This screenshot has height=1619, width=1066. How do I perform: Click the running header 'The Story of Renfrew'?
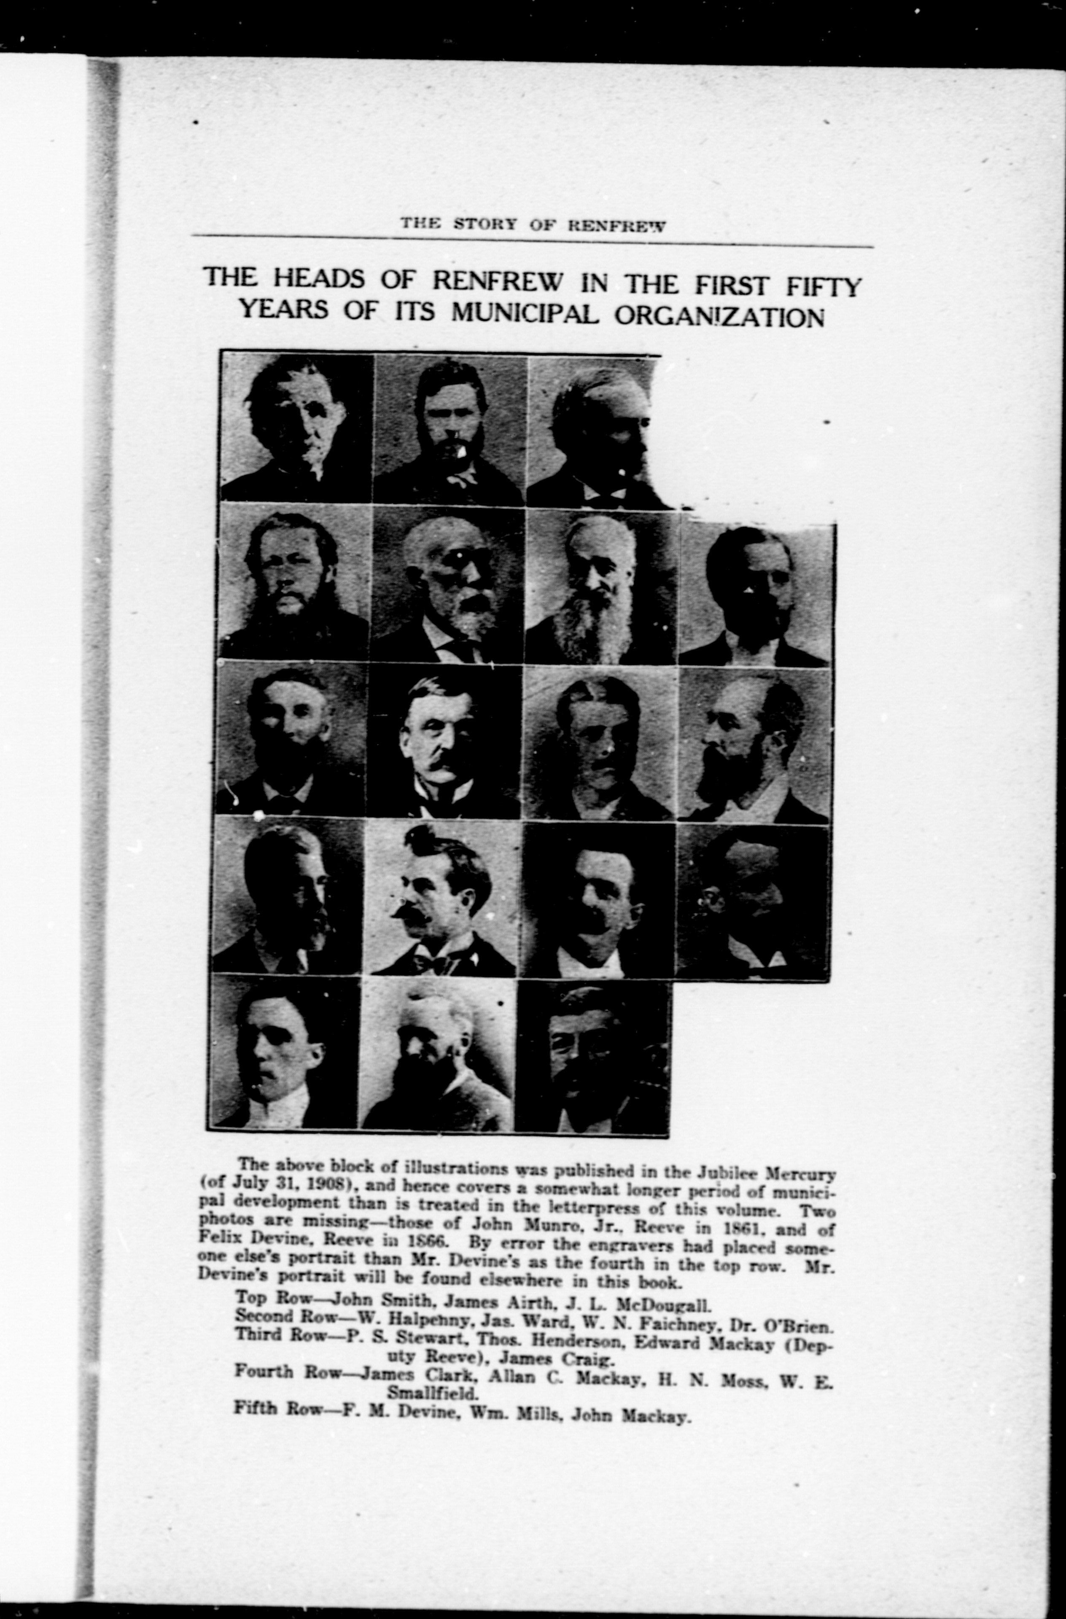(532, 224)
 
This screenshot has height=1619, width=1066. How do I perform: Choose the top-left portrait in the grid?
(296, 427)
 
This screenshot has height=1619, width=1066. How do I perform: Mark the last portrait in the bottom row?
(592, 1057)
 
